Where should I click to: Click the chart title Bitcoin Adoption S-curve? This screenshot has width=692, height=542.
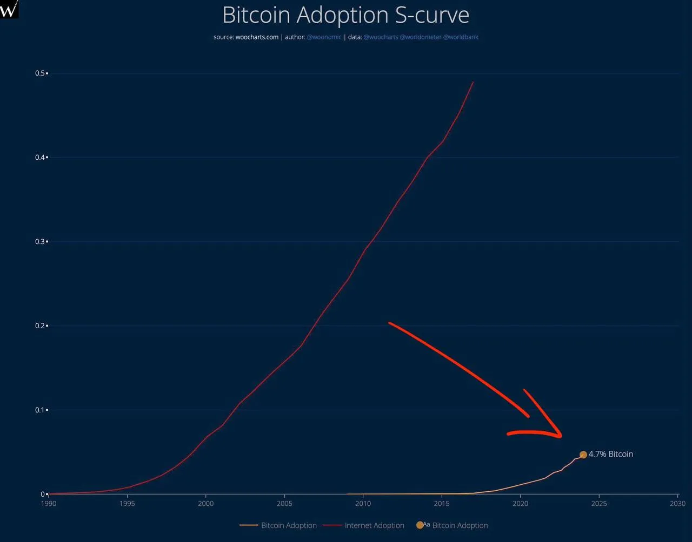[345, 15]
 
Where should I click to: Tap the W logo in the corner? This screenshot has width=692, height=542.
[9, 9]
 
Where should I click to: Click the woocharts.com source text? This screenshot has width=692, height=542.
[257, 37]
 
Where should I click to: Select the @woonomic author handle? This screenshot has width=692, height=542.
[324, 37]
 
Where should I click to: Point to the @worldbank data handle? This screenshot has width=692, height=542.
[461, 37]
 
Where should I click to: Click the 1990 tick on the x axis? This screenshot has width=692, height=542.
[49, 504]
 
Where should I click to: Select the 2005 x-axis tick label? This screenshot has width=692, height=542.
[284, 504]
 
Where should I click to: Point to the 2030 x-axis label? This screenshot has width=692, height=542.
[677, 504]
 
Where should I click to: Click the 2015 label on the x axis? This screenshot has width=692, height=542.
[442, 504]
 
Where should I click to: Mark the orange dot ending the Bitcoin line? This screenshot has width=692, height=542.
[583, 455]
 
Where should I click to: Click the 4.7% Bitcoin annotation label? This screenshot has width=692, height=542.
[610, 455]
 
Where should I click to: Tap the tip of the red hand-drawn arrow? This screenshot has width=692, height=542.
[561, 436]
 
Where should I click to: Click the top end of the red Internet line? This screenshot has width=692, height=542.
[473, 82]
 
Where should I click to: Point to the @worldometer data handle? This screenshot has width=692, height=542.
[421, 37]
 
